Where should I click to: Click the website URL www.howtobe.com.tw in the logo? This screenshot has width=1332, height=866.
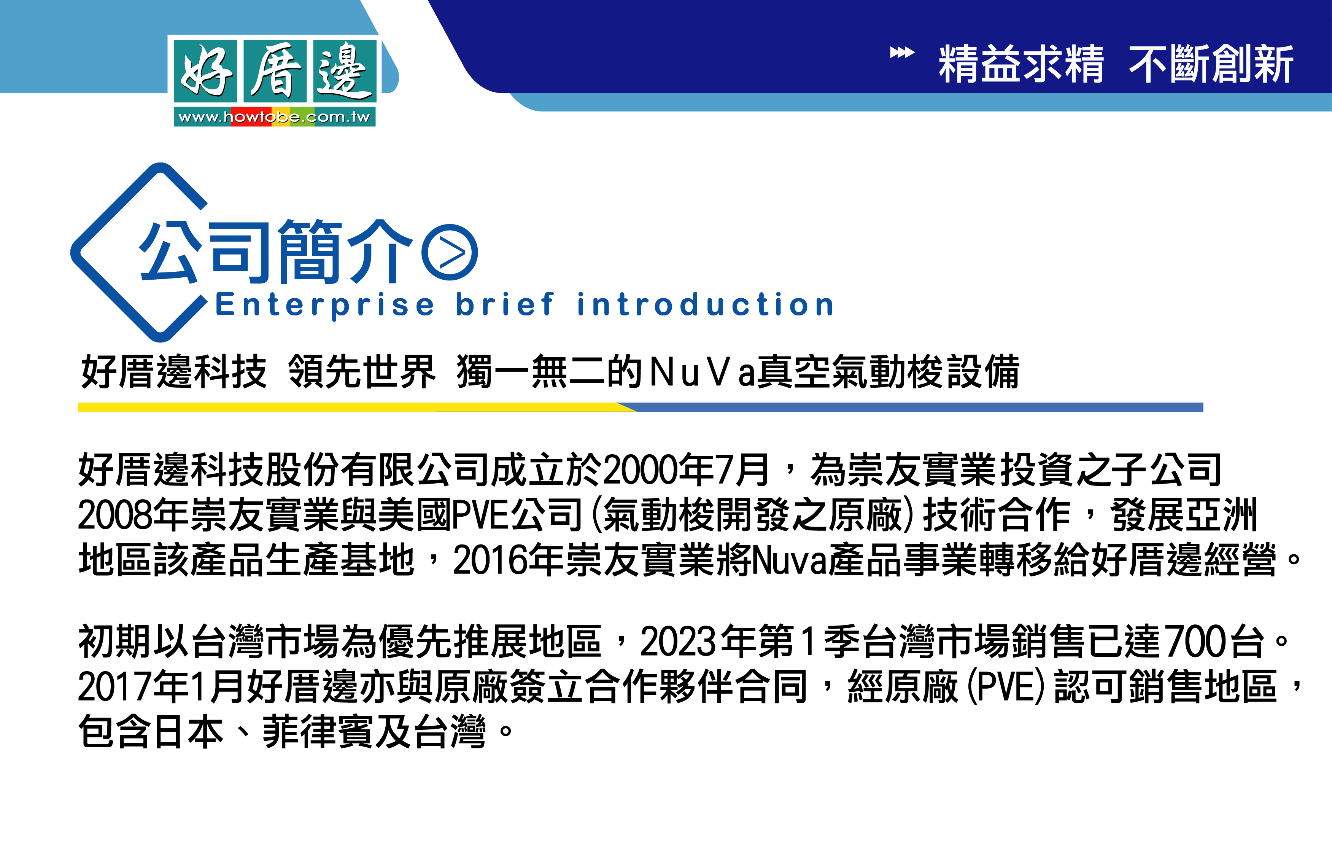click(274, 117)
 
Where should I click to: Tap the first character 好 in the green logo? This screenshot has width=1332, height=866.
click(205, 71)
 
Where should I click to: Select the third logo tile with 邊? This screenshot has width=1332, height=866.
click(345, 71)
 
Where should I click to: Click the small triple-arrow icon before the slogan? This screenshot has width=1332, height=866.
click(902, 53)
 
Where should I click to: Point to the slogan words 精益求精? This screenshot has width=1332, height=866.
click(1021, 64)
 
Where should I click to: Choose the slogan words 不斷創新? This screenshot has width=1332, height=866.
click(1211, 64)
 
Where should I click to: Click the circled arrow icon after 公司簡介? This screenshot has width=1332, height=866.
click(450, 253)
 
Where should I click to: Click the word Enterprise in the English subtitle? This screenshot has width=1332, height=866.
click(324, 305)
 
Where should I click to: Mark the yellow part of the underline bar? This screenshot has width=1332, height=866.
click(353, 408)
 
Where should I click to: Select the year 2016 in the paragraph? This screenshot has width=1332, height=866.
click(490, 560)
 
